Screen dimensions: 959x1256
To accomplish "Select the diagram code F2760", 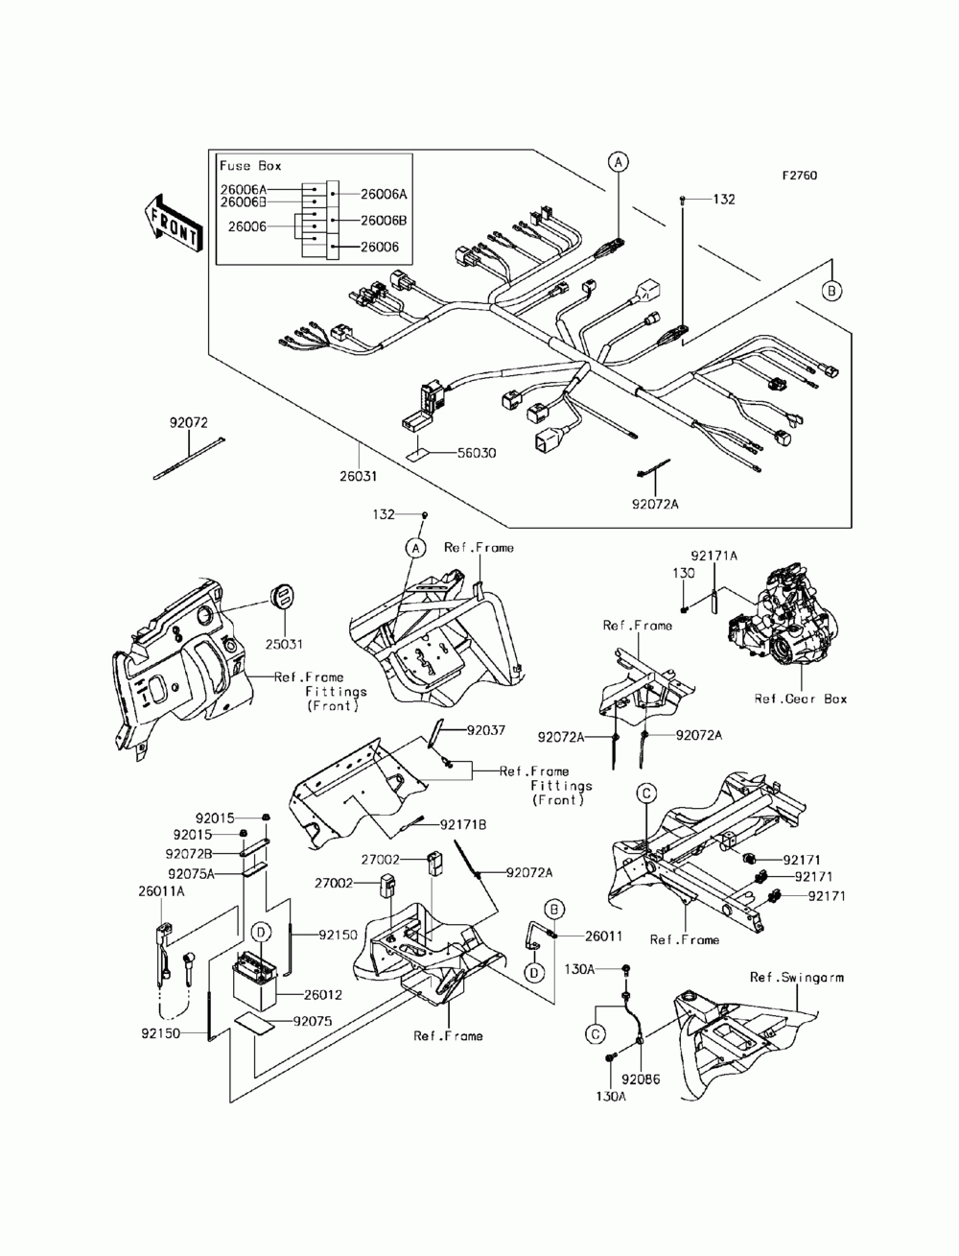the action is click(800, 176).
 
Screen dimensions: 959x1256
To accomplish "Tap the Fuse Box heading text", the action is click(250, 166).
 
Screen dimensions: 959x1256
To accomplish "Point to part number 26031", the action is click(359, 476).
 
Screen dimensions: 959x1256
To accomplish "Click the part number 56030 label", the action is click(477, 453).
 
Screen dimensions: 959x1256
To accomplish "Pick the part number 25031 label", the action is click(284, 644).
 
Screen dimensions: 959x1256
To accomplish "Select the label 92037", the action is click(486, 731).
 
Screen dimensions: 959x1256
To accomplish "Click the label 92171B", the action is click(462, 825).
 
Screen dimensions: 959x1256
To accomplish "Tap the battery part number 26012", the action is click(322, 995).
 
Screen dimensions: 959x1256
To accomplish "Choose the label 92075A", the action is click(191, 874).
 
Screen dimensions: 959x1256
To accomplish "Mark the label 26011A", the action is click(161, 891).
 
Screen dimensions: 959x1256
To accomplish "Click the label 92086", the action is click(641, 1079).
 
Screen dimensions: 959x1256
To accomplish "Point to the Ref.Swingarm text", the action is click(797, 978).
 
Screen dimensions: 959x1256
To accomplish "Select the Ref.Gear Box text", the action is click(801, 699).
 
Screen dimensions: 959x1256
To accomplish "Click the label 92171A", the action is click(714, 556).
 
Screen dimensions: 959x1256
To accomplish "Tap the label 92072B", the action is click(189, 854).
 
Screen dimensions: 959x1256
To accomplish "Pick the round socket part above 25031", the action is click(283, 596).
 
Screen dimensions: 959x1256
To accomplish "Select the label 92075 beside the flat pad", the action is click(312, 1021).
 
